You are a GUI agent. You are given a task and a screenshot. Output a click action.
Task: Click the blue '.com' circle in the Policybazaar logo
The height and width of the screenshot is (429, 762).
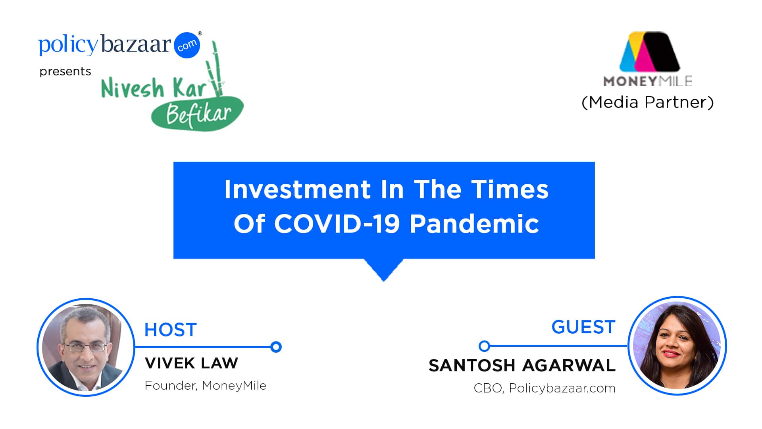187,45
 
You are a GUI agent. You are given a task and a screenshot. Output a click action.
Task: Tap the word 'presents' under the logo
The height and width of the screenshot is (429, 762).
65,71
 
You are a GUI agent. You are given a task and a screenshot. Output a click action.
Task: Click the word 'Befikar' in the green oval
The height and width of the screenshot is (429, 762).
198,115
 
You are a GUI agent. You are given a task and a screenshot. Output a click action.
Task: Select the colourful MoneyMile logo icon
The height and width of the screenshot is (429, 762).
650,52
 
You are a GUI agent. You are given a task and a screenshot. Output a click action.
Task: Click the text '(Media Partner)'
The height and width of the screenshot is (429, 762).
648,102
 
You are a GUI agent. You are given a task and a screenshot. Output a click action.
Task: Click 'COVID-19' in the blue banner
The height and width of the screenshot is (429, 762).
337,224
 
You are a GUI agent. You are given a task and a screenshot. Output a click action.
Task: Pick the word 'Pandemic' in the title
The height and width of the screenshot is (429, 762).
474,224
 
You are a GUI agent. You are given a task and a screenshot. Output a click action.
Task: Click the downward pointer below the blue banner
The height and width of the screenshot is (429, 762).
384,269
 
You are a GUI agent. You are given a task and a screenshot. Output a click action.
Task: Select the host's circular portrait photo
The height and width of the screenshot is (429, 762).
86,347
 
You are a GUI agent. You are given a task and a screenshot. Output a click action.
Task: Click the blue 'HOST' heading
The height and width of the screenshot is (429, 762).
171,330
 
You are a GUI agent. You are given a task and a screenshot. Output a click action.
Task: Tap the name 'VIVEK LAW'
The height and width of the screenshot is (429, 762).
192,363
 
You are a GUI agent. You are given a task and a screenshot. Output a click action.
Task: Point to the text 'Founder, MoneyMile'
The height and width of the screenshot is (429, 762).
206,385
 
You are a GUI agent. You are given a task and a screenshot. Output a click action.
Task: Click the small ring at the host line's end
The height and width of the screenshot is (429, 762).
276,347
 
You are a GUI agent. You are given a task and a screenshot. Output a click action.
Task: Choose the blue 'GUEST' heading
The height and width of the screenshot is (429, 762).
583,327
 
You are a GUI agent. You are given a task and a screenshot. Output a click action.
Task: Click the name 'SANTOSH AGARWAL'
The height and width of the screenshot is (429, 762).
522,365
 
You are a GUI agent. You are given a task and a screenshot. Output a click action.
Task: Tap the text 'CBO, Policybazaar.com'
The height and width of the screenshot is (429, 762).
545,388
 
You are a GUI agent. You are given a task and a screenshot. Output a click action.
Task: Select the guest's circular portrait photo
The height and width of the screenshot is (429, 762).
677,346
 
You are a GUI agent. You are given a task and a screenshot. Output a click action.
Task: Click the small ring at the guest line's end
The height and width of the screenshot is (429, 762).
484,346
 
